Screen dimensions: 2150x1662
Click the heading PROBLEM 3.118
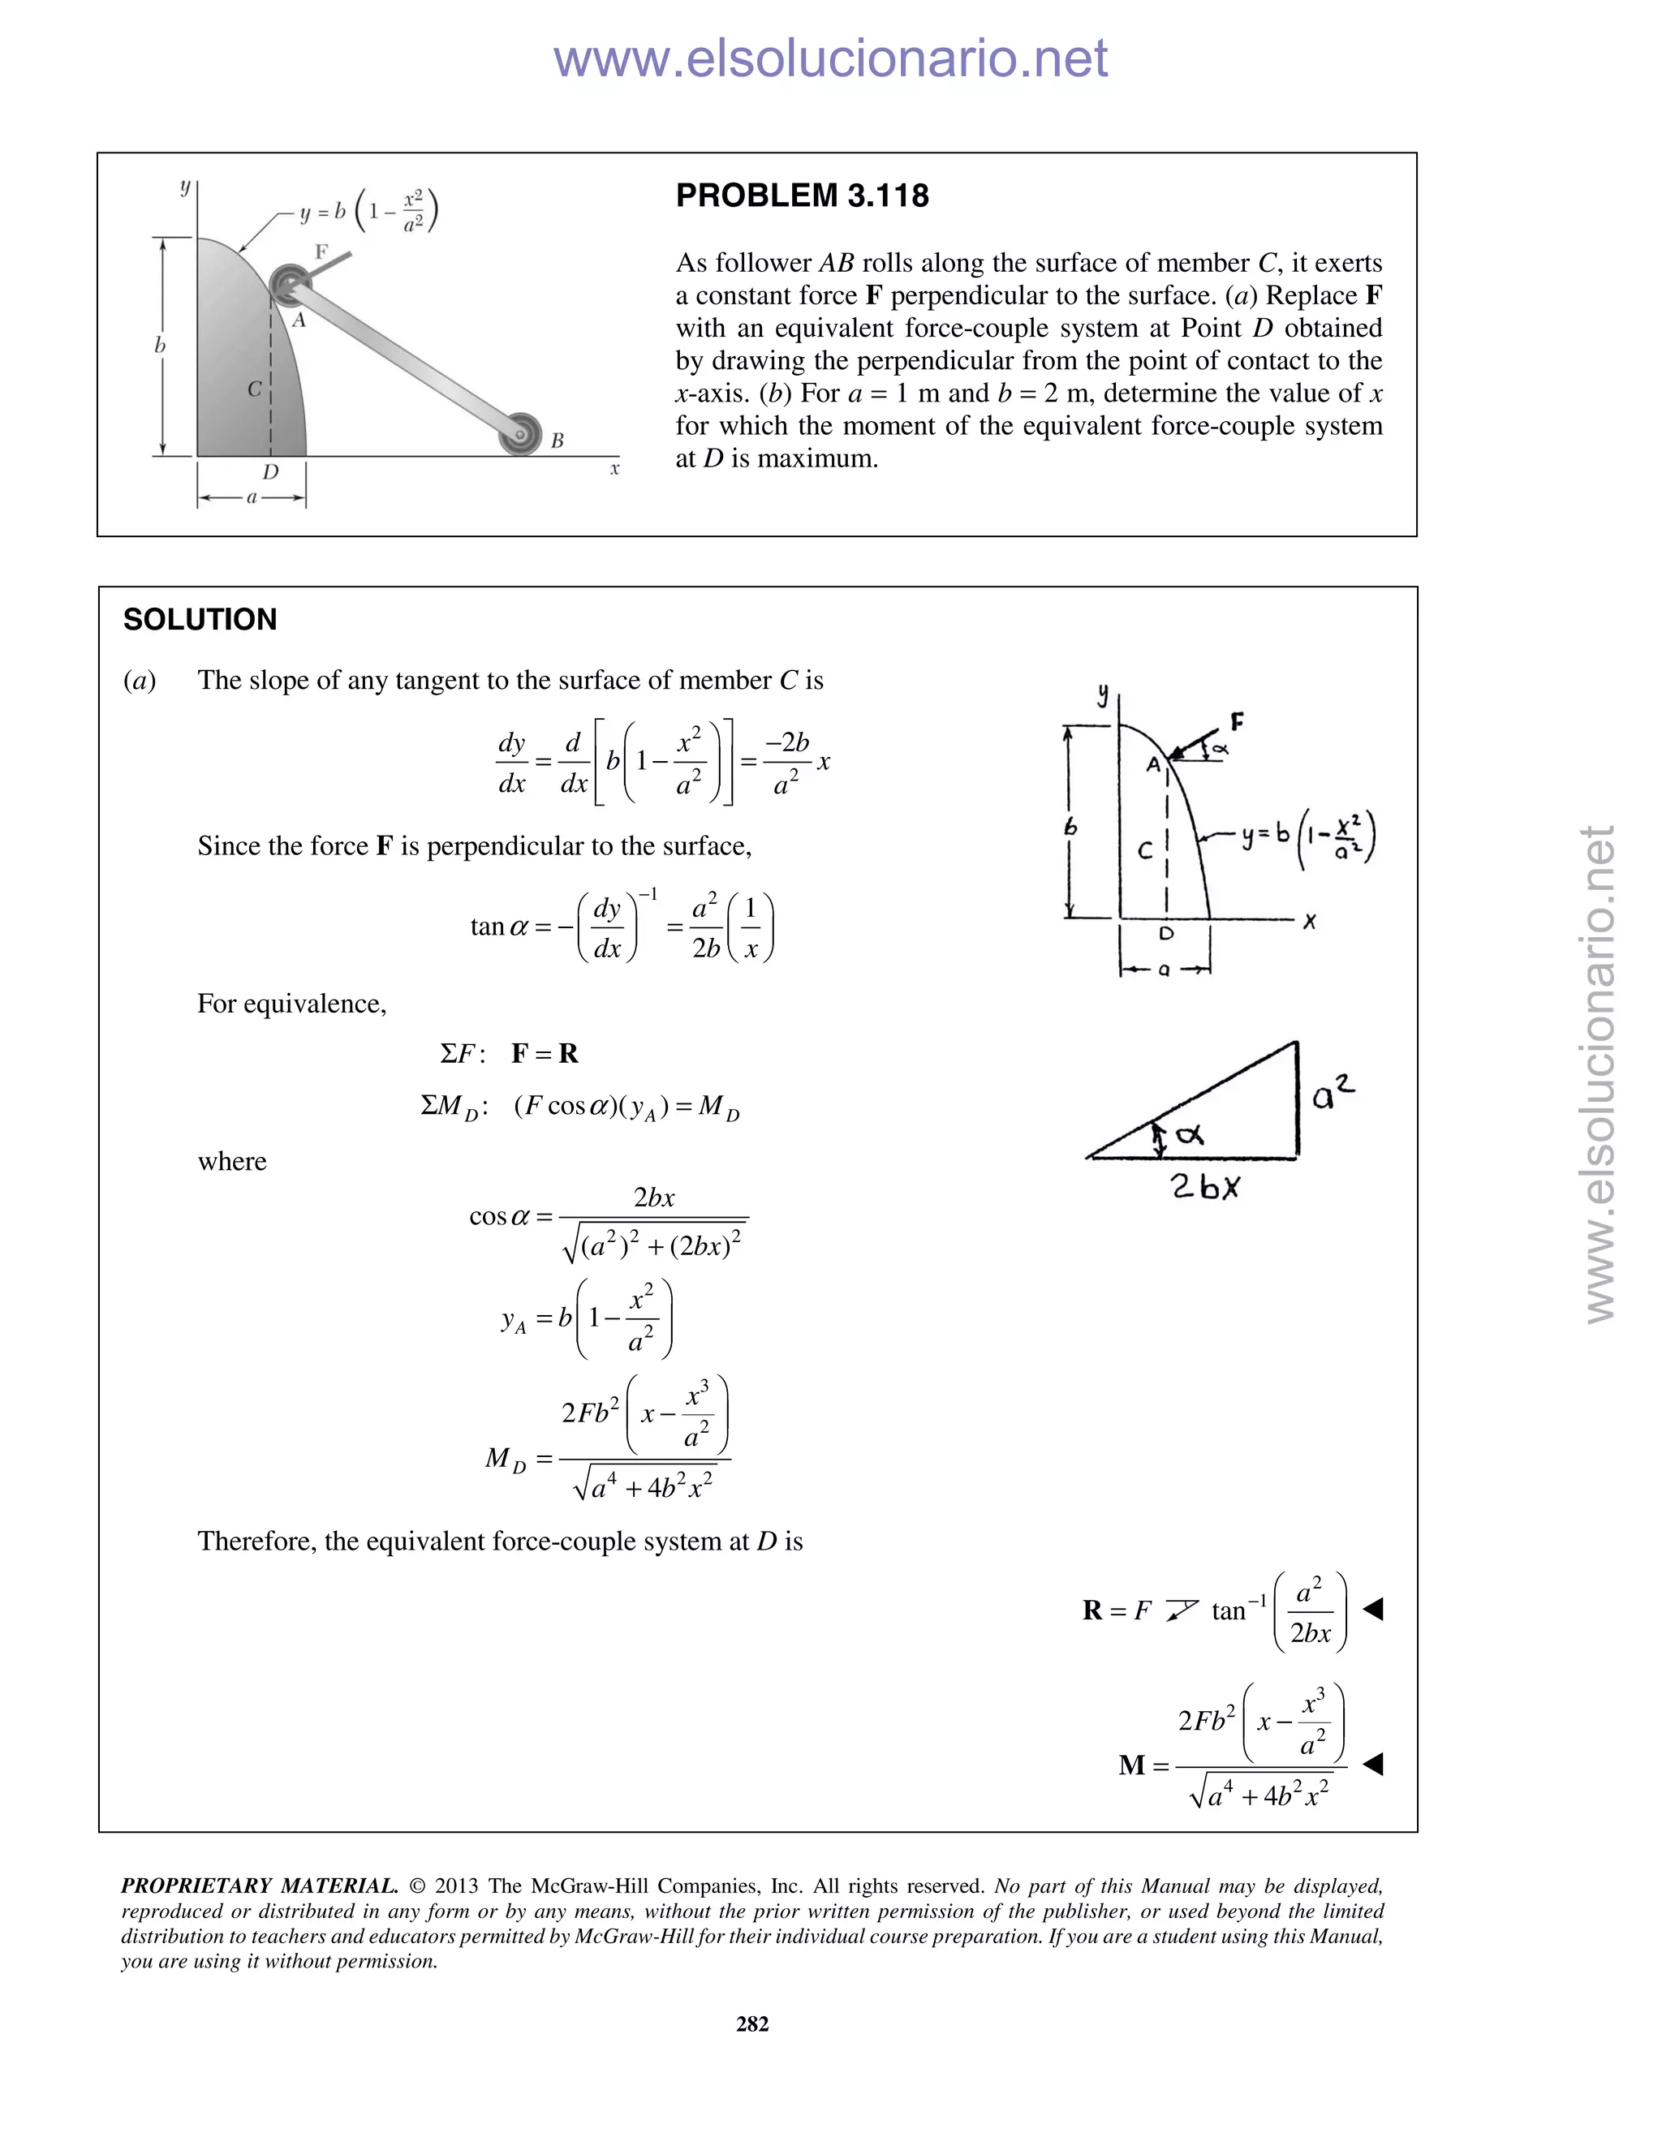click(x=802, y=196)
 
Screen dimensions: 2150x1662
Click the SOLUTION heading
click(x=200, y=619)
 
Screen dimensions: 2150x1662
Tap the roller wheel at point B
click(x=521, y=434)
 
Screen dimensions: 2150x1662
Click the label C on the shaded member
click(x=254, y=389)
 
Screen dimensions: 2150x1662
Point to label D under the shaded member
click(x=271, y=472)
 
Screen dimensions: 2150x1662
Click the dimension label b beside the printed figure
click(x=160, y=346)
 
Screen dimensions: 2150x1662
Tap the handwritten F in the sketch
click(x=1238, y=723)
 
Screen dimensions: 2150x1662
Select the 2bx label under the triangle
click(x=1206, y=1187)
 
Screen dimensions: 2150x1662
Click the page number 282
click(x=752, y=2023)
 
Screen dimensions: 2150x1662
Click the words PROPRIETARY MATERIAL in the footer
click(x=259, y=1886)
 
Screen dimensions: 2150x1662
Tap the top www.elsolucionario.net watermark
click(x=830, y=58)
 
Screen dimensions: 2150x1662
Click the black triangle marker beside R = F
click(x=1374, y=1610)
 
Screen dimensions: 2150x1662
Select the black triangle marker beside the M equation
click(x=1374, y=1764)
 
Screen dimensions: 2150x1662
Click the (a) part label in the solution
click(x=140, y=680)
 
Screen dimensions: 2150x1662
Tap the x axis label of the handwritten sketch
click(x=1310, y=922)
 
